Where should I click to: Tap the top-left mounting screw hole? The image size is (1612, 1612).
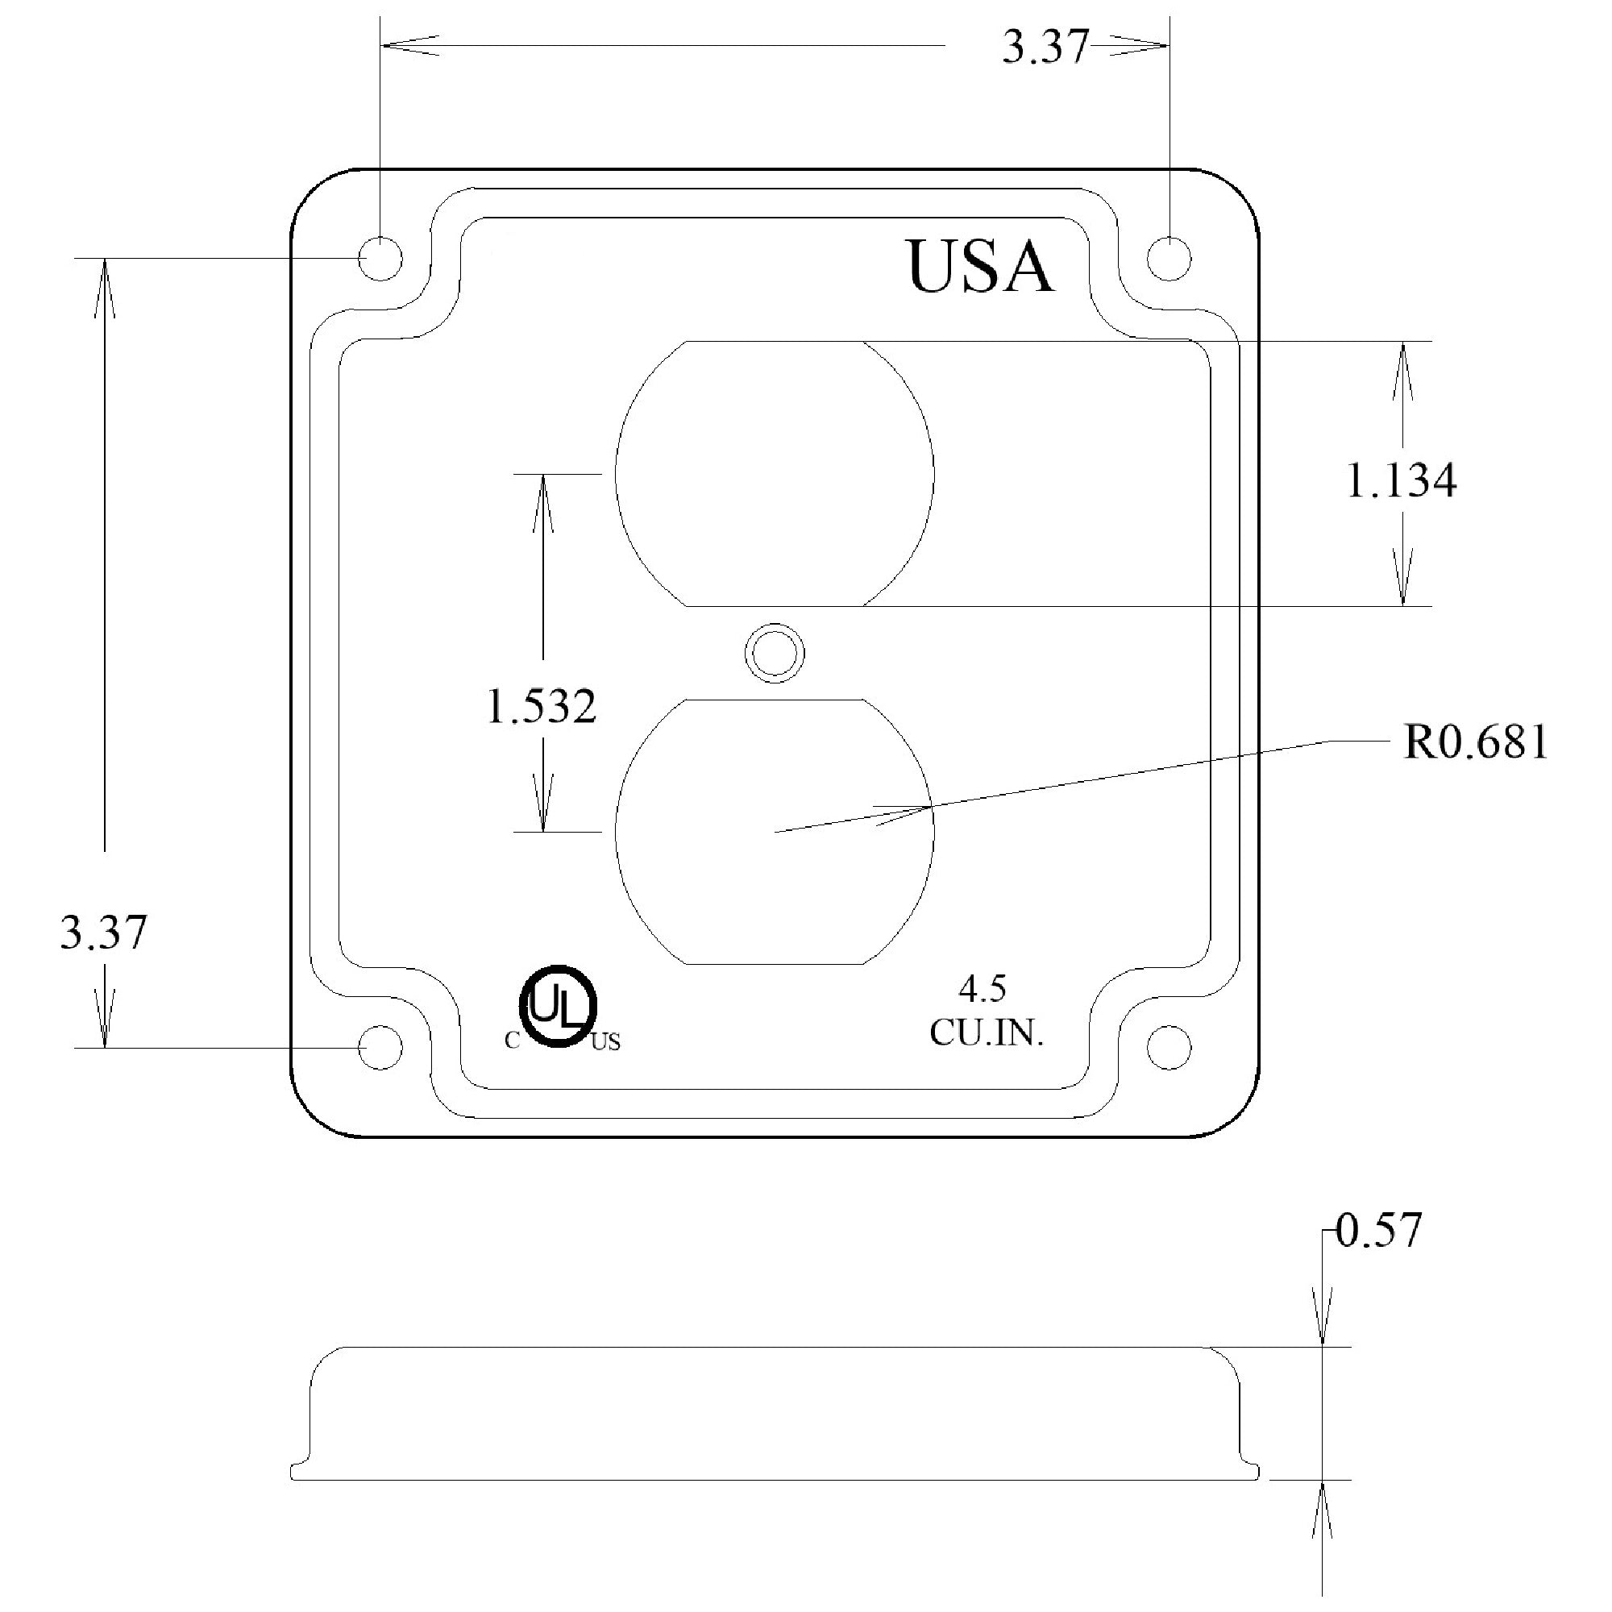tap(380, 258)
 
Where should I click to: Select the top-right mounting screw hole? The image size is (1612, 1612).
tap(1169, 258)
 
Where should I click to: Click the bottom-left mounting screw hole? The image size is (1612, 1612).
tap(380, 1048)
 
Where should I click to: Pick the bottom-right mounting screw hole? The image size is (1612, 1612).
tap(1169, 1048)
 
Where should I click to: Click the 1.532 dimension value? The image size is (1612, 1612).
tap(542, 708)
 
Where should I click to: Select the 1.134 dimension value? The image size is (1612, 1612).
tap(1402, 481)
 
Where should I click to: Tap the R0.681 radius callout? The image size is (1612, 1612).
tap(1475, 742)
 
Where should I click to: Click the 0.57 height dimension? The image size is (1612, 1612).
tap(1378, 1232)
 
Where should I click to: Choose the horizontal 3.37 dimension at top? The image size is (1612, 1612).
tap(1045, 48)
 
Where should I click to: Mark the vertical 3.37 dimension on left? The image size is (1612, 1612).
tap(103, 933)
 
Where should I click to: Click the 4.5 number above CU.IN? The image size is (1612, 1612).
tap(982, 990)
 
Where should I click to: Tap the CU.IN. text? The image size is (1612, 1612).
tap(987, 1035)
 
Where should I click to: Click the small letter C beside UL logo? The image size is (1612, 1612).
tap(513, 1041)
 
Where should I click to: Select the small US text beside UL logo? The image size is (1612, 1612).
tap(606, 1042)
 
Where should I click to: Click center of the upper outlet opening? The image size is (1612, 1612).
tap(775, 474)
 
